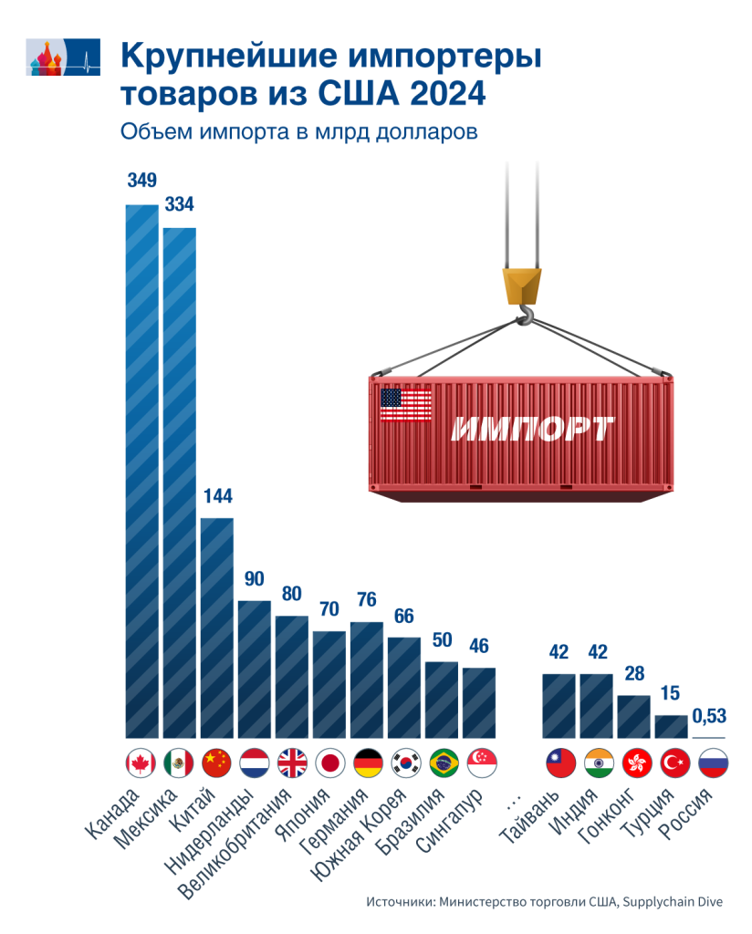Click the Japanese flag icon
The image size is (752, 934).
(329, 762)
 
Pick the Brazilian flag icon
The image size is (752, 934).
(444, 762)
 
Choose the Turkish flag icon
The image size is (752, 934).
(673, 762)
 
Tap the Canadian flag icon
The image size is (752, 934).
(141, 762)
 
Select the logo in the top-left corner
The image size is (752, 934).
(63, 59)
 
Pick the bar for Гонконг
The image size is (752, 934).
(633, 716)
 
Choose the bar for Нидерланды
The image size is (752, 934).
(255, 669)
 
